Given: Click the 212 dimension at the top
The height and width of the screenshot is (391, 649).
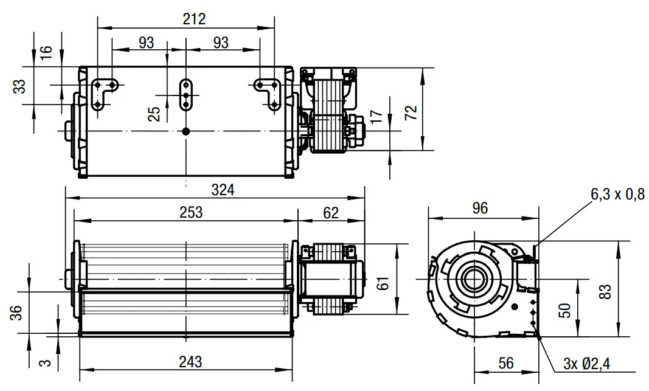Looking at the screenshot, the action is (194, 19).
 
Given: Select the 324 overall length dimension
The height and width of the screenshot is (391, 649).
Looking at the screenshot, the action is (223, 190).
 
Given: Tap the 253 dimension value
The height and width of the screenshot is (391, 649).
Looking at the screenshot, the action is (191, 212).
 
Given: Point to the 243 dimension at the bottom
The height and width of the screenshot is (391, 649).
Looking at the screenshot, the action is (191, 362).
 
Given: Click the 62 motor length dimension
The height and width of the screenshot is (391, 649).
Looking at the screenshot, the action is (331, 213).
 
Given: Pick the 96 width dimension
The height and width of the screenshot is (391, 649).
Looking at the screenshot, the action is (480, 208).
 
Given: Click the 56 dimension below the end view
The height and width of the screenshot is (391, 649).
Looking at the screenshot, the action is (506, 363).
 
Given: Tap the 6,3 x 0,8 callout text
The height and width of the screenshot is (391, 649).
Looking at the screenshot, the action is (617, 194).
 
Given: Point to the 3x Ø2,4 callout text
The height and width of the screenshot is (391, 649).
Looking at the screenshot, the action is (586, 364).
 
